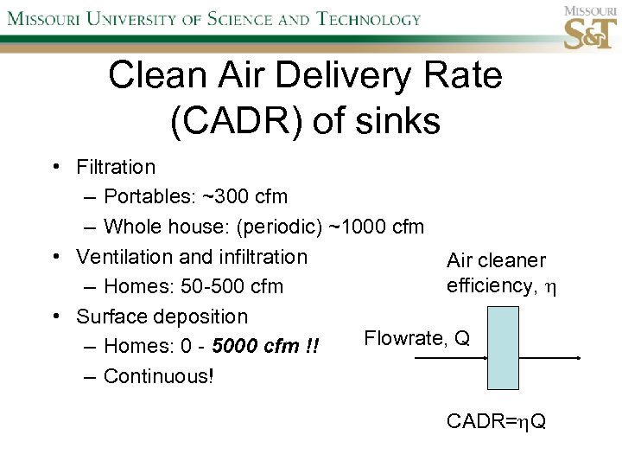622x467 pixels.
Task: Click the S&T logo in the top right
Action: tap(590, 29)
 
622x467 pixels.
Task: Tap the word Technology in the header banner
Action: tap(369, 19)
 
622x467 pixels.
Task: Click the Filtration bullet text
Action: tap(116, 167)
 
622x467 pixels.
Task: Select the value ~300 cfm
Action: tap(244, 197)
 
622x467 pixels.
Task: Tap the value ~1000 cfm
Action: tap(377, 227)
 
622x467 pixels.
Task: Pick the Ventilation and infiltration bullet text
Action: tap(192, 257)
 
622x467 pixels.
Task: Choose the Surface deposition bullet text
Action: tap(162, 317)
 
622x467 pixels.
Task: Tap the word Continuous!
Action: tap(158, 376)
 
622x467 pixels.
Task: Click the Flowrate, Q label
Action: tap(416, 338)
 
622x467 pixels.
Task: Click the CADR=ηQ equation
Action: tap(496, 422)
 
